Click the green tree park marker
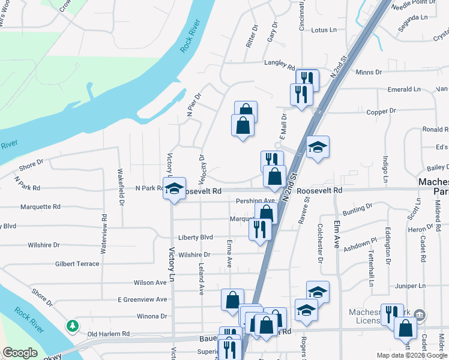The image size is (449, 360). [73, 326]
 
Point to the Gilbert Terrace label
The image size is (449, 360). [77, 264]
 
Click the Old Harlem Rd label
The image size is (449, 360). [109, 334]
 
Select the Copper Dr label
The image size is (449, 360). [381, 111]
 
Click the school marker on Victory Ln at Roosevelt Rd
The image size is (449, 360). [174, 188]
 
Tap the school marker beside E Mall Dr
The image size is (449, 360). [317, 146]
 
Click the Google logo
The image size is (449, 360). [20, 353]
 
